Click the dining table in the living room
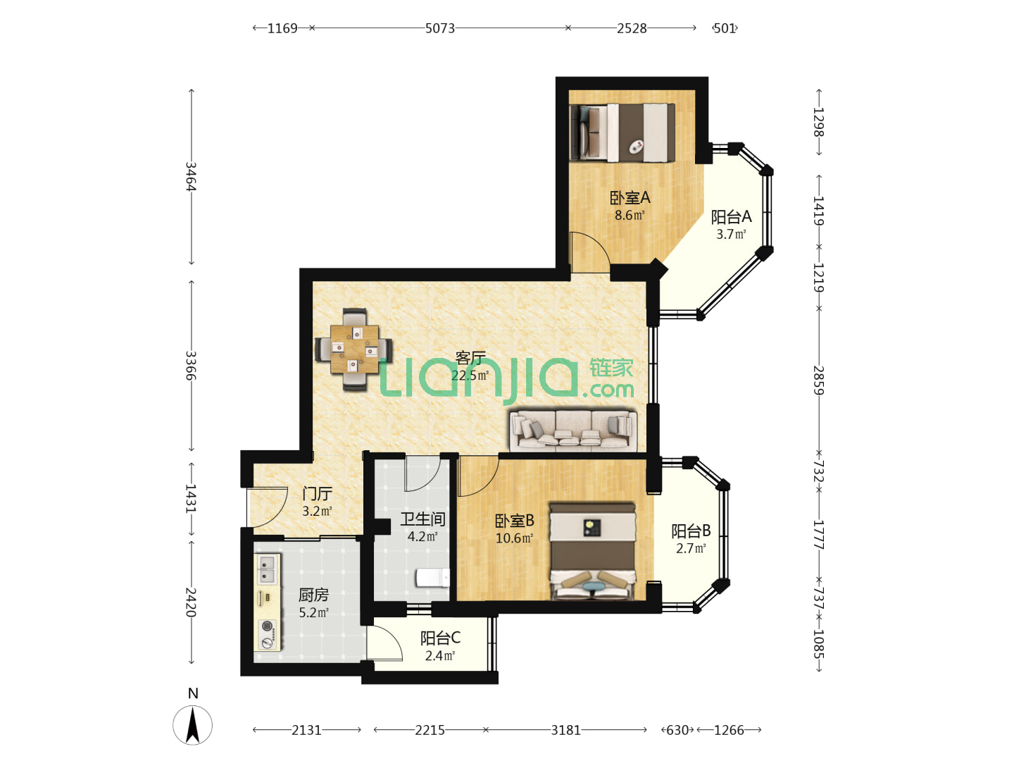pos(354,349)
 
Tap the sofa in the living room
pos(572,430)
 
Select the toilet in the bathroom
pos(432,578)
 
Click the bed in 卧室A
pos(622,132)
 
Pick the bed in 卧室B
pos(592,552)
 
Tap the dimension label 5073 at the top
pos(440,28)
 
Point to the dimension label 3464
pos(191,176)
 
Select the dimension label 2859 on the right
pos(818,380)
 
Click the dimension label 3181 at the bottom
pos(566,730)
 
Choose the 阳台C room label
pos(440,638)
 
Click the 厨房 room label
pos(313,595)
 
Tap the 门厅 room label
pos(317,493)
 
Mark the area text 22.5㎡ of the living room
pos(470,375)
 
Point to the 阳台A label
pos(732,216)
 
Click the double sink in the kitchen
pos(267,569)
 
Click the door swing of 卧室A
pos(590,252)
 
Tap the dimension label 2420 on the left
pos(191,602)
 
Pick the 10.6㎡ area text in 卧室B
pos(514,538)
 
